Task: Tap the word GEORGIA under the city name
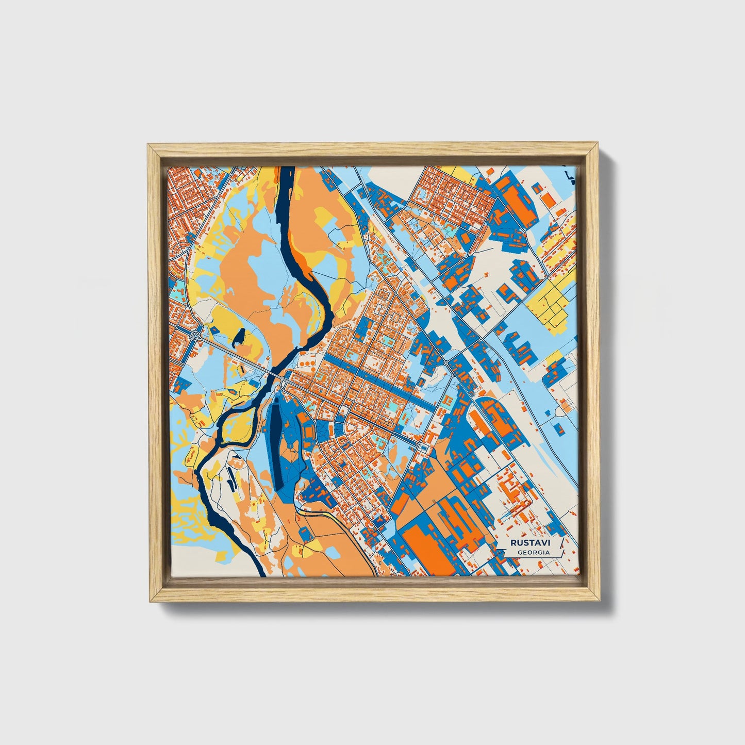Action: pyautogui.click(x=534, y=552)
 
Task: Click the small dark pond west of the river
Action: pyautogui.click(x=239, y=338)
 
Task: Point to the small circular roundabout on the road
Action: pyautogui.click(x=445, y=363)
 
